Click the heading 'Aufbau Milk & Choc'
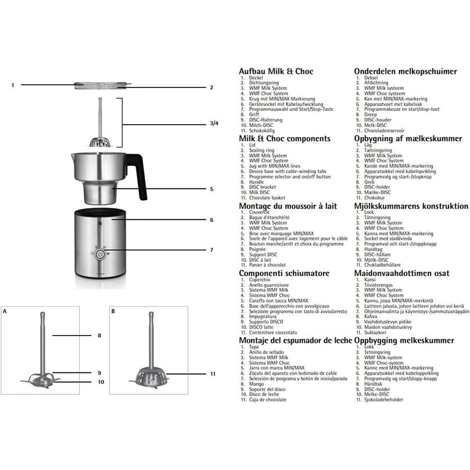pyautogui.click(x=275, y=71)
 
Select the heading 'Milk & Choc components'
pyautogui.click(x=285, y=138)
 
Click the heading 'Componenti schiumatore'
pyautogui.click(x=284, y=273)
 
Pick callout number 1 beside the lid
pyautogui.click(x=12, y=85)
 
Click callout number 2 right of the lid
pyautogui.click(x=211, y=87)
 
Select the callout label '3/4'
pyautogui.click(x=214, y=124)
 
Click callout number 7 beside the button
pyautogui.click(x=211, y=250)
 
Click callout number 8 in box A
pyautogui.click(x=99, y=334)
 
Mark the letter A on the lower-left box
pyautogui.click(x=5, y=312)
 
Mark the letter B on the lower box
pyautogui.click(x=113, y=312)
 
